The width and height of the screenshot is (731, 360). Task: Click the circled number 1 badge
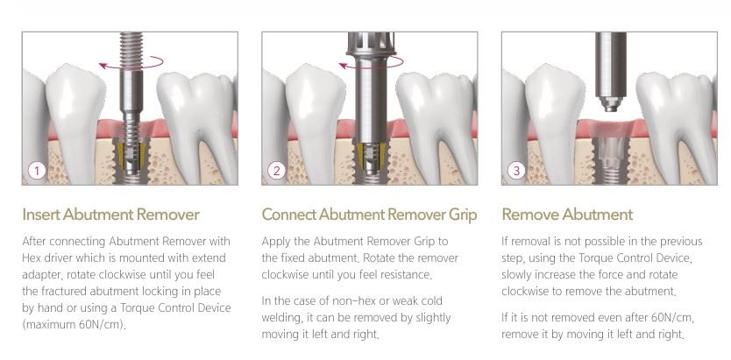coord(37,171)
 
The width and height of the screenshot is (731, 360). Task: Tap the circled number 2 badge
coord(276,171)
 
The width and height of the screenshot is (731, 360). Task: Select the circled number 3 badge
coord(516,171)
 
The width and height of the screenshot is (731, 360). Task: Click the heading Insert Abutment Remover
coord(111,215)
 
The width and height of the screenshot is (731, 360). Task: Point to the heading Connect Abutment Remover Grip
coord(369,215)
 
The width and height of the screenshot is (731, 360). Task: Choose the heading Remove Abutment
coord(567,215)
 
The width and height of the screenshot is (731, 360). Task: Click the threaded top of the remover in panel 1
coord(131,50)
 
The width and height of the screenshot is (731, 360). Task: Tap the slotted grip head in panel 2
coord(372,45)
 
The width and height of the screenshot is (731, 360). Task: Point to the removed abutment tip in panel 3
coord(611,103)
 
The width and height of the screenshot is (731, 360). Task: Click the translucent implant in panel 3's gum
coord(611,159)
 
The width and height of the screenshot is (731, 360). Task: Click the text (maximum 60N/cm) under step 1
coord(75,325)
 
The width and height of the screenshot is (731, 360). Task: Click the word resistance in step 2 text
coord(407,275)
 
